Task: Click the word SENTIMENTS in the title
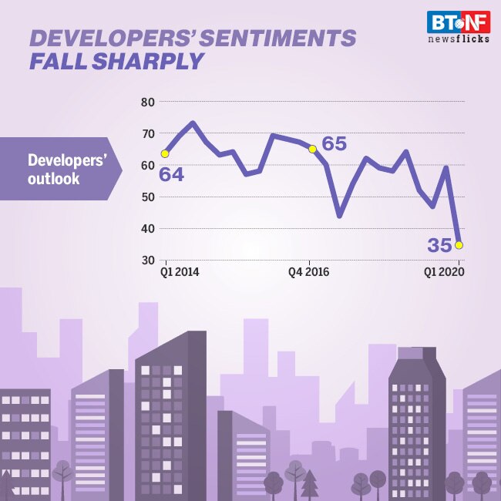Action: click(x=282, y=39)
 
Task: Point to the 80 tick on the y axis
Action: click(x=148, y=102)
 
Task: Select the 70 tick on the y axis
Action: click(x=148, y=133)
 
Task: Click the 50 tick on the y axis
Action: click(x=148, y=197)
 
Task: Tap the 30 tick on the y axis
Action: click(x=148, y=260)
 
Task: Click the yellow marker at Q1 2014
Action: click(x=164, y=153)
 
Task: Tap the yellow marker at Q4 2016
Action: click(x=312, y=149)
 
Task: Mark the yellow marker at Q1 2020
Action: click(x=459, y=245)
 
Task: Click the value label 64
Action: click(x=171, y=174)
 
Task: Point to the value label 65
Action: click(x=333, y=143)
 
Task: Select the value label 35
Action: click(x=439, y=246)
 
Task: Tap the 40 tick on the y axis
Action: click(x=148, y=228)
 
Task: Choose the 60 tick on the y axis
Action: click(x=148, y=165)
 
